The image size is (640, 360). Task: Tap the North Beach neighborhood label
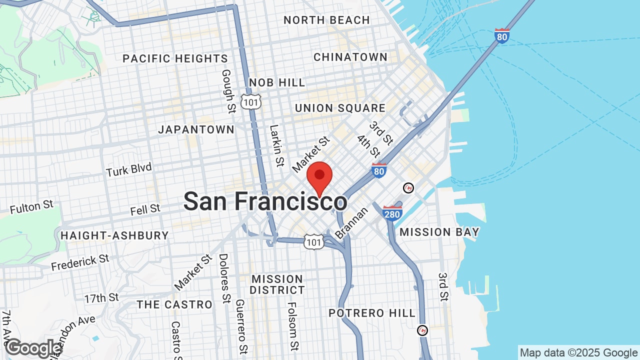pos(326,20)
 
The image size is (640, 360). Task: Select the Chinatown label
pos(350,57)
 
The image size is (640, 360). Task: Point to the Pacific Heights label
pos(175,58)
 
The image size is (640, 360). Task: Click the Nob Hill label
pos(276,82)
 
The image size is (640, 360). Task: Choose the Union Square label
pos(340,108)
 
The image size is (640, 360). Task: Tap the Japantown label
pos(196,129)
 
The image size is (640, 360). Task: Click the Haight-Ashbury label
pos(114,235)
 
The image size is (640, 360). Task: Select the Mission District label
pos(277,284)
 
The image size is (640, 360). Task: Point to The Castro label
pos(174,304)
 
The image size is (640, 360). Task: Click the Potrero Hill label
pos(372,313)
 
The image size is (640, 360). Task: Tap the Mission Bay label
pos(439,232)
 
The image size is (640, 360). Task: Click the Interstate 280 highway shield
pos(392,213)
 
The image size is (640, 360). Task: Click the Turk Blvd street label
pos(128,170)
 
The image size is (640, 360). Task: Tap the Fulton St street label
pos(31,206)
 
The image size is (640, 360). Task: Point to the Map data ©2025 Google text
pos(578,353)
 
